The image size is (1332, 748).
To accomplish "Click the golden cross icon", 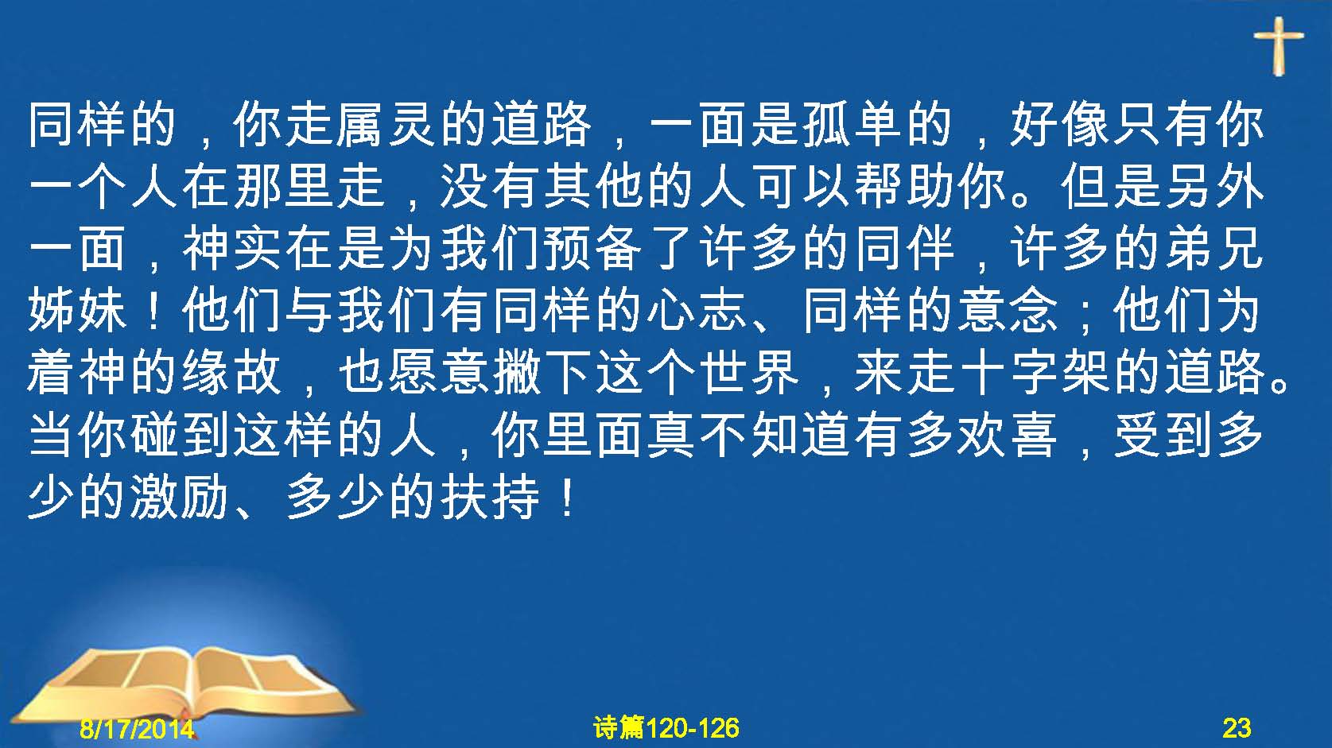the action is [1279, 45].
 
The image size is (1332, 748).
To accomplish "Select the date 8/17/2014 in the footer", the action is [137, 728].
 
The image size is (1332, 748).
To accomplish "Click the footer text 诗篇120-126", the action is [666, 728].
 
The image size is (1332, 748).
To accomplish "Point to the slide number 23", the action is [1237, 728].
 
